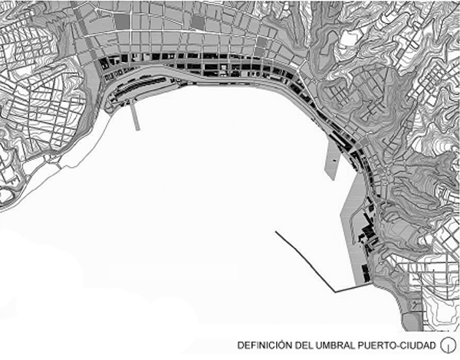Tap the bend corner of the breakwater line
pyautogui.click(x=335, y=290)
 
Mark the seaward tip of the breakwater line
pyautogui.click(x=275, y=232)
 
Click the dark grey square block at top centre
pyautogui.click(x=197, y=22)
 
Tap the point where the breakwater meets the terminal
pyautogui.click(x=360, y=286)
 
